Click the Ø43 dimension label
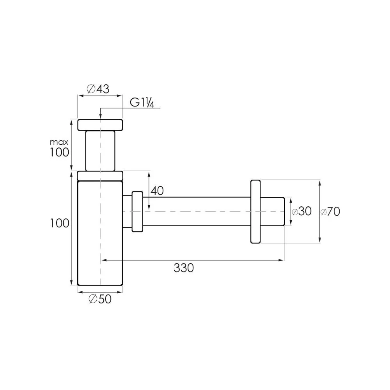(98, 89)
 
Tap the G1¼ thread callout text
(142, 102)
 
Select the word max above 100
(59, 142)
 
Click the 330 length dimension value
(184, 268)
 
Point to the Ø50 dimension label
(100, 299)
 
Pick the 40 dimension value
(157, 191)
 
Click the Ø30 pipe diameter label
(301, 211)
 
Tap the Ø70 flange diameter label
(330, 212)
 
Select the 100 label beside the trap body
(59, 223)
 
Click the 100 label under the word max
(59, 152)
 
